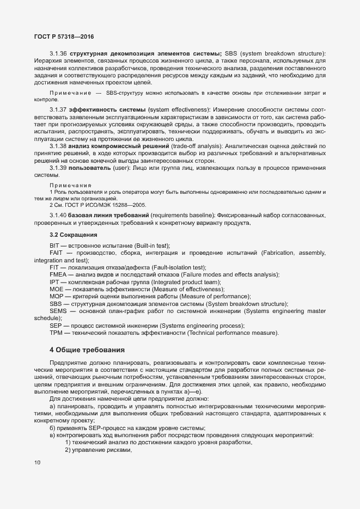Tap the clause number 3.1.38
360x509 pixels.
tap(58, 146)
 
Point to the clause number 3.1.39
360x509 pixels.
tap(58, 168)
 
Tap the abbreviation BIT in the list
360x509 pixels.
tap(54, 246)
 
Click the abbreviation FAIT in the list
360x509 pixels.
tap(57, 254)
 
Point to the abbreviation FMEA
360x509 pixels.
tap(58, 275)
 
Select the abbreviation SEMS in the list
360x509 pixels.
tap(58, 310)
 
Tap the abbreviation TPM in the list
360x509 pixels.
tap(56, 332)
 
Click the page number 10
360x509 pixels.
tap(37, 463)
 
